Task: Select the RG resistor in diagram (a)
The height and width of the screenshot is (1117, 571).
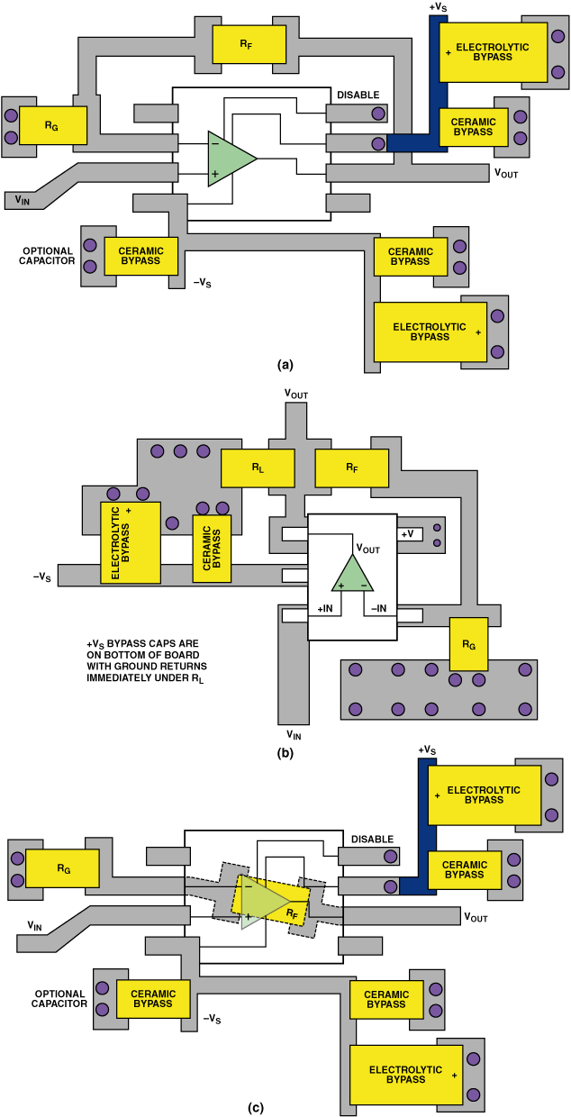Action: tap(52, 125)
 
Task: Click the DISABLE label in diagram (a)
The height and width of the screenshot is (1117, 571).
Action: tap(358, 95)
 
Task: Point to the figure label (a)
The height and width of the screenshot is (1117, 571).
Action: tap(285, 365)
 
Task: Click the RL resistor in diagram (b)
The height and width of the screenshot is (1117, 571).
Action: tap(258, 468)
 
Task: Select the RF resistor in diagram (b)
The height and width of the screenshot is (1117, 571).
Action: tap(352, 468)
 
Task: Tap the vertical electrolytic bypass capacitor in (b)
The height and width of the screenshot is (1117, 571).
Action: tap(130, 542)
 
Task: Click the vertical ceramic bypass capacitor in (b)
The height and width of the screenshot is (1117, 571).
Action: tap(213, 548)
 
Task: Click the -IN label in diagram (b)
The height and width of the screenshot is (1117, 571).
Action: tap(379, 610)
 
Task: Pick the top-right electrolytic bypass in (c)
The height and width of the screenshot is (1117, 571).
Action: tap(486, 795)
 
